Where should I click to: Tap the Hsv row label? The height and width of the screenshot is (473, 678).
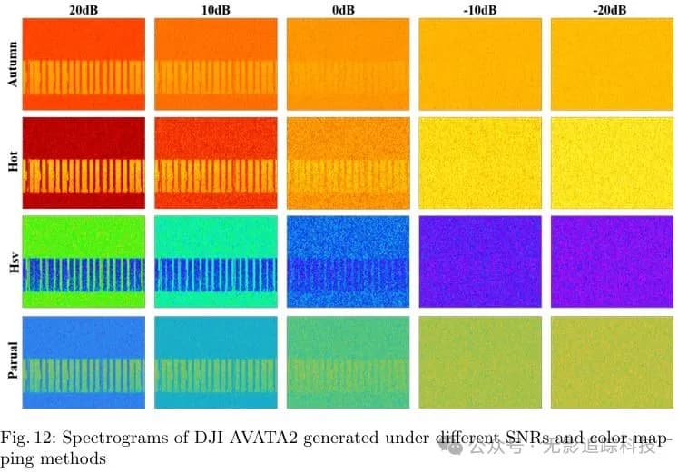pyautogui.click(x=12, y=262)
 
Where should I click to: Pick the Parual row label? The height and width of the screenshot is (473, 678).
pyautogui.click(x=12, y=361)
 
